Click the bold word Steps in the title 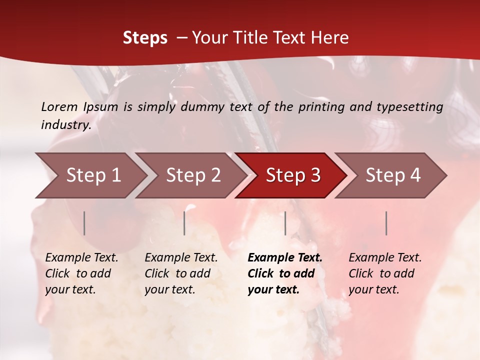tap(145, 38)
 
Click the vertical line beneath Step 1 tap(84, 223)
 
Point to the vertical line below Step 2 tap(184, 223)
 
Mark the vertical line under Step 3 tap(285, 223)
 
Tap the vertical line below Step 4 tap(386, 223)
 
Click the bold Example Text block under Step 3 tap(285, 273)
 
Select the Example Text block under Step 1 tap(81, 273)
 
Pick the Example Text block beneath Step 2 tap(181, 273)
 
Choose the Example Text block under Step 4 tap(385, 273)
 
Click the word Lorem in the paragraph tap(59, 106)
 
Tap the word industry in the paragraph tap(66, 125)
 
